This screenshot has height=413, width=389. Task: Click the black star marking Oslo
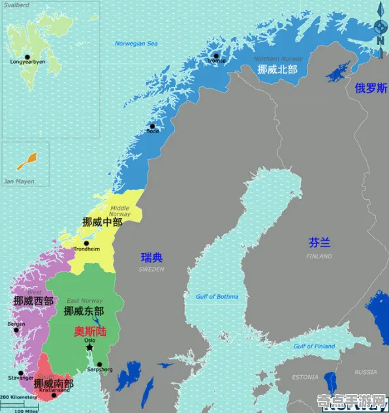[89, 347]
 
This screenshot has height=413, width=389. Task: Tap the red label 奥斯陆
[87, 331]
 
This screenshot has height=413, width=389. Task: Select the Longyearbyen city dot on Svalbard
[27, 56]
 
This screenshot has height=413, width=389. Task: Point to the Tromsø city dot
[216, 55]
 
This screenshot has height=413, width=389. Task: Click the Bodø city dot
[152, 126]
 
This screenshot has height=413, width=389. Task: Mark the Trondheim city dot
[86, 243]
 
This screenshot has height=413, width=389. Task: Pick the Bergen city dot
[16, 329]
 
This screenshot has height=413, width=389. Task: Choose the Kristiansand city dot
[54, 395]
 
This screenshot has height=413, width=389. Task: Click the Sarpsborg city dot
[99, 365]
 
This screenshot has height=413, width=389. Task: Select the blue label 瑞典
[152, 258]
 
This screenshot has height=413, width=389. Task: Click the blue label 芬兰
[319, 243]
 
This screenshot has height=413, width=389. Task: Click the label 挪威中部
[102, 222]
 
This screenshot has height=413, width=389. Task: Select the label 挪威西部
[33, 301]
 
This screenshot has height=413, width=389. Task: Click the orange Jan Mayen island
[27, 159]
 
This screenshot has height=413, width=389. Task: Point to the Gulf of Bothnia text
[217, 297]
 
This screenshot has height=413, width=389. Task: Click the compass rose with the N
[381, 27]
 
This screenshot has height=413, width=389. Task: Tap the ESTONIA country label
[304, 377]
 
